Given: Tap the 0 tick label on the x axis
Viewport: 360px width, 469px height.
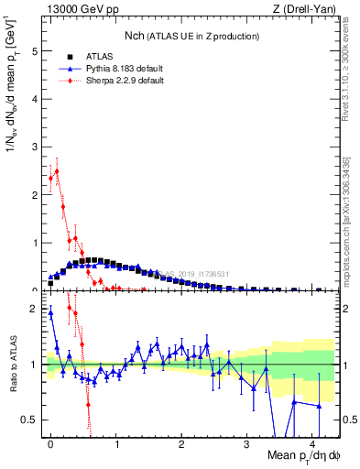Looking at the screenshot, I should (x=50, y=443).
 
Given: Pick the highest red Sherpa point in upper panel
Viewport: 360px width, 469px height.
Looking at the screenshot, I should (x=57, y=170).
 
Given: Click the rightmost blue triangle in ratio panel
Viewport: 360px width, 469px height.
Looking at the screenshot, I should (x=319, y=405).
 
